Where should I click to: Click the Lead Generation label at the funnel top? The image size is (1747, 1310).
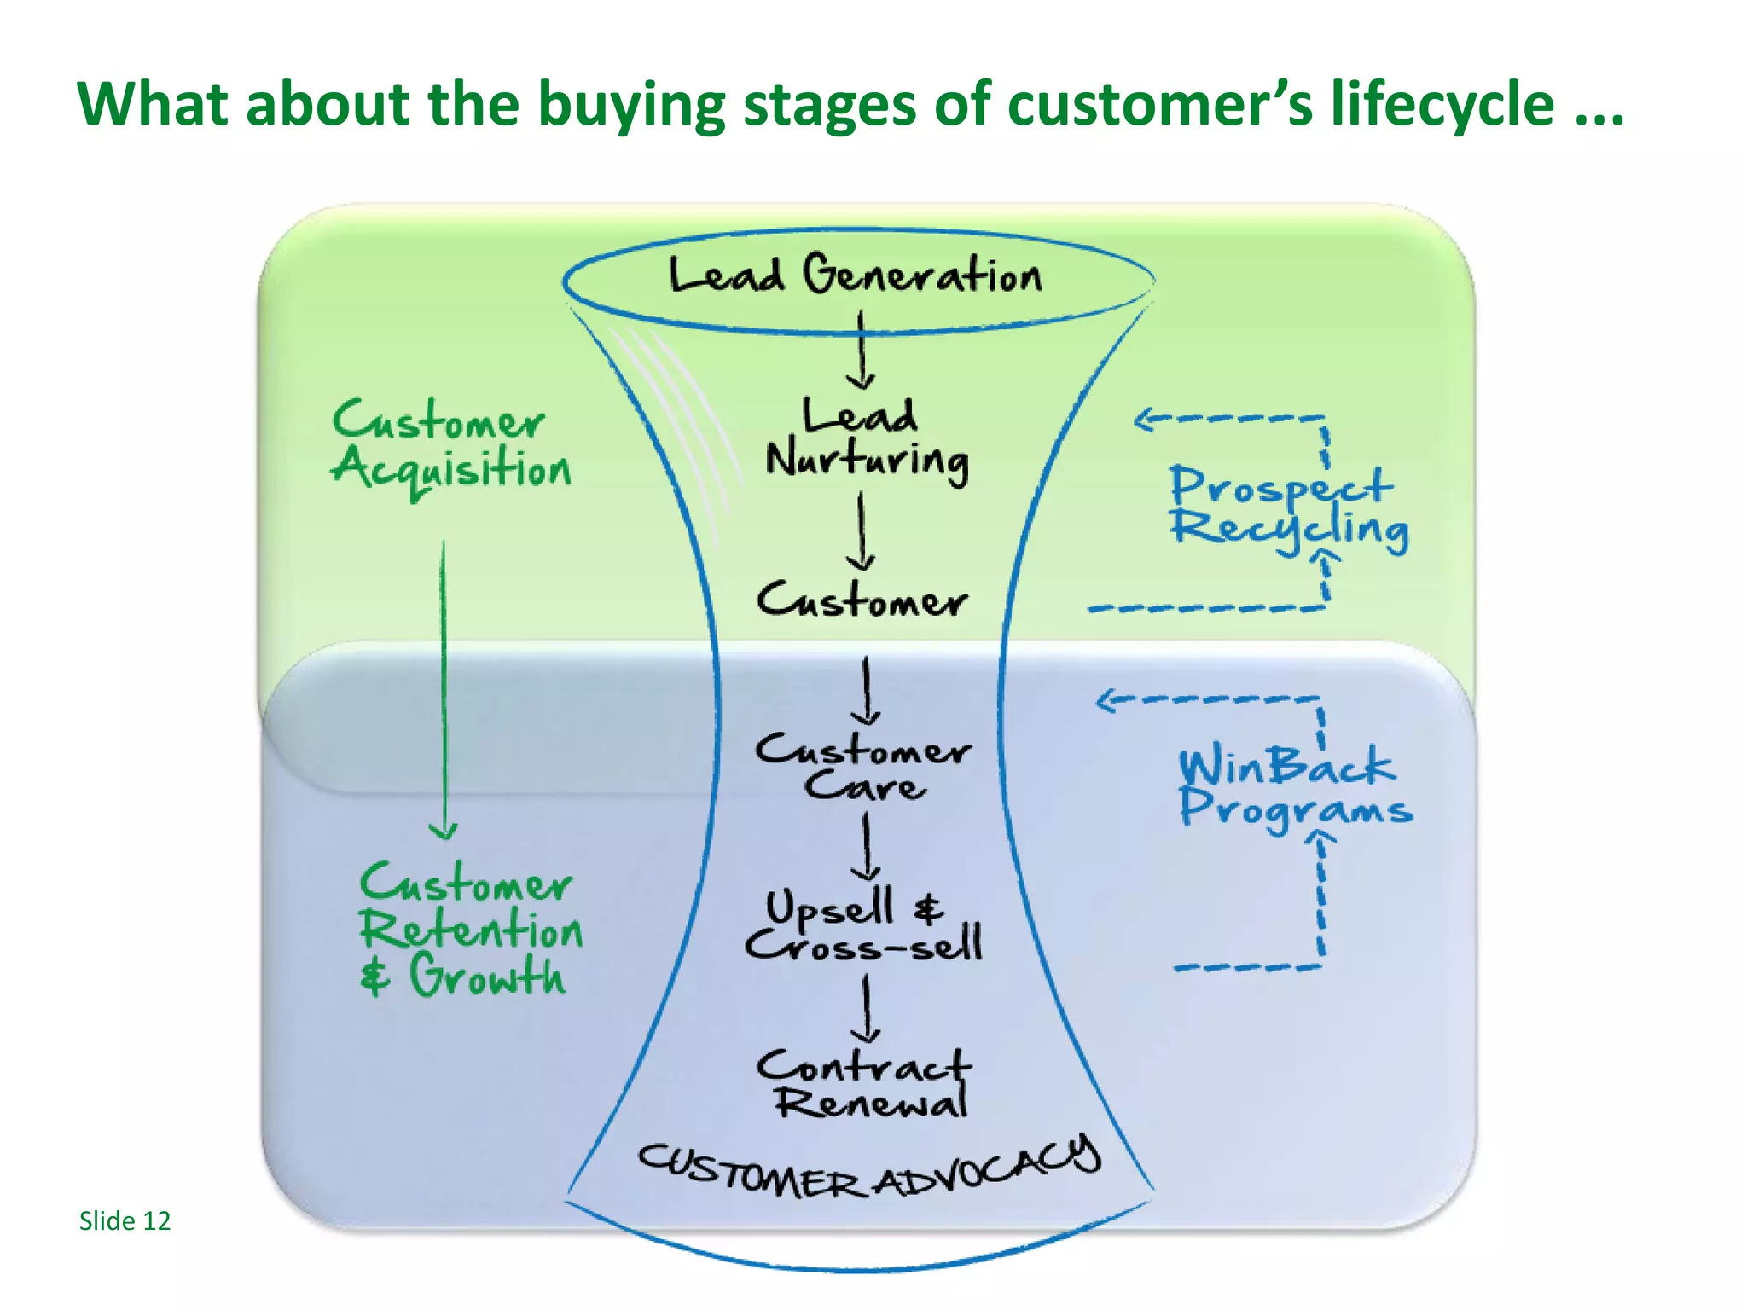click(x=856, y=275)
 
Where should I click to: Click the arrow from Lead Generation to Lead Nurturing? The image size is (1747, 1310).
click(x=861, y=350)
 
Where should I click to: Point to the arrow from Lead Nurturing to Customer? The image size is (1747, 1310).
click(x=861, y=533)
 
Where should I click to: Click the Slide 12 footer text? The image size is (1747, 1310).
click(x=125, y=1221)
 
